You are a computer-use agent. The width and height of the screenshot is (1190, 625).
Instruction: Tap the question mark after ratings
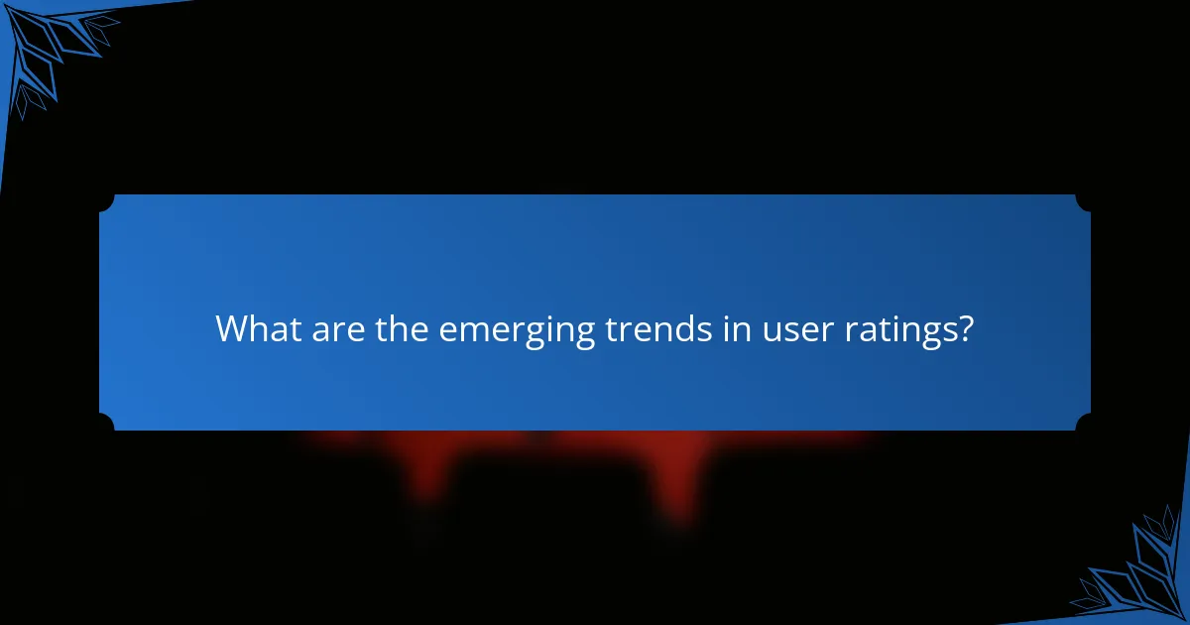964,328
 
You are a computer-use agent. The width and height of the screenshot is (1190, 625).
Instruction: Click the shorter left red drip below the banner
426,476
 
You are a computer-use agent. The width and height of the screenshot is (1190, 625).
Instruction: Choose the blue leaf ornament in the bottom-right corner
1140,570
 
